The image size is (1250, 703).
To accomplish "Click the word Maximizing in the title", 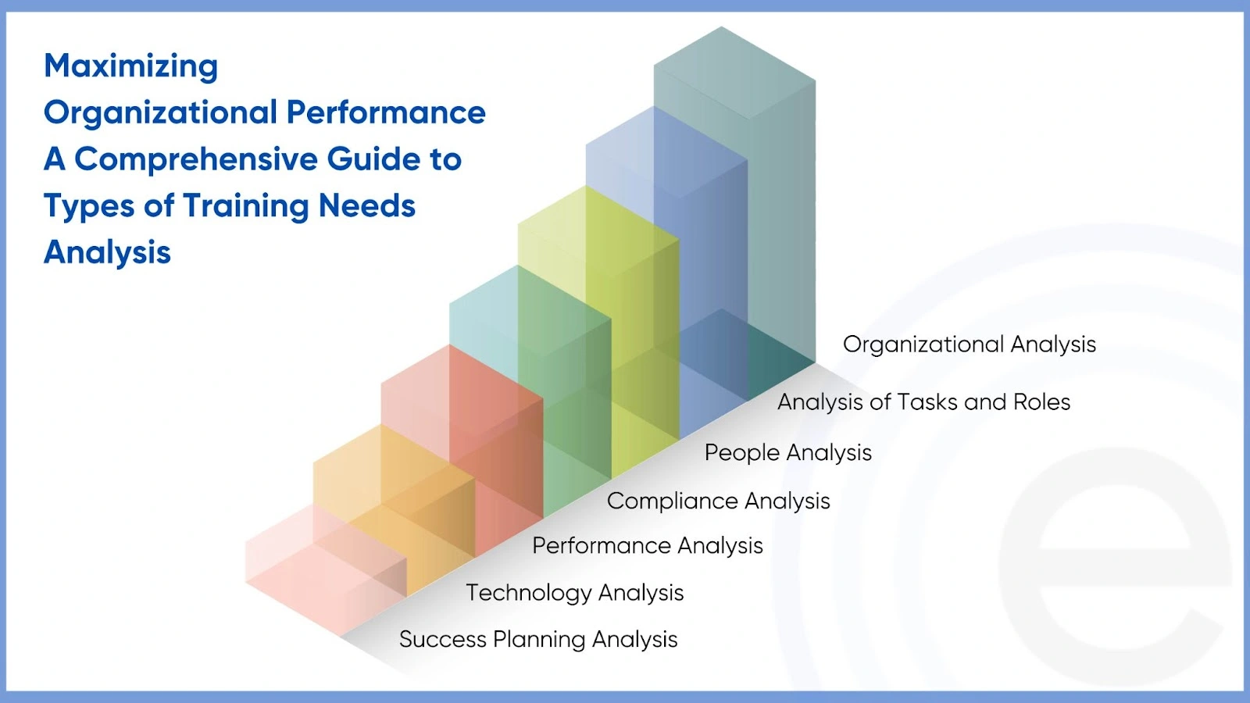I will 130,66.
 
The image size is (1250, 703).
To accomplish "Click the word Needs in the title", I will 366,206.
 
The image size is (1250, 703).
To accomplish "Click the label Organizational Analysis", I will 969,344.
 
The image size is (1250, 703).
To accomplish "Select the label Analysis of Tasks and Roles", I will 923,402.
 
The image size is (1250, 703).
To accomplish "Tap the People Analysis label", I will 787,453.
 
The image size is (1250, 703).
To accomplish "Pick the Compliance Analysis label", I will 718,501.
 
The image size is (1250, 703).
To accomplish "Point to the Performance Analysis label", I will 647,546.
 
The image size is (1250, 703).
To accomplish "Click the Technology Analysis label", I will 574,593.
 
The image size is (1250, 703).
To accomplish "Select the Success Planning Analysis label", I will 537,640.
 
